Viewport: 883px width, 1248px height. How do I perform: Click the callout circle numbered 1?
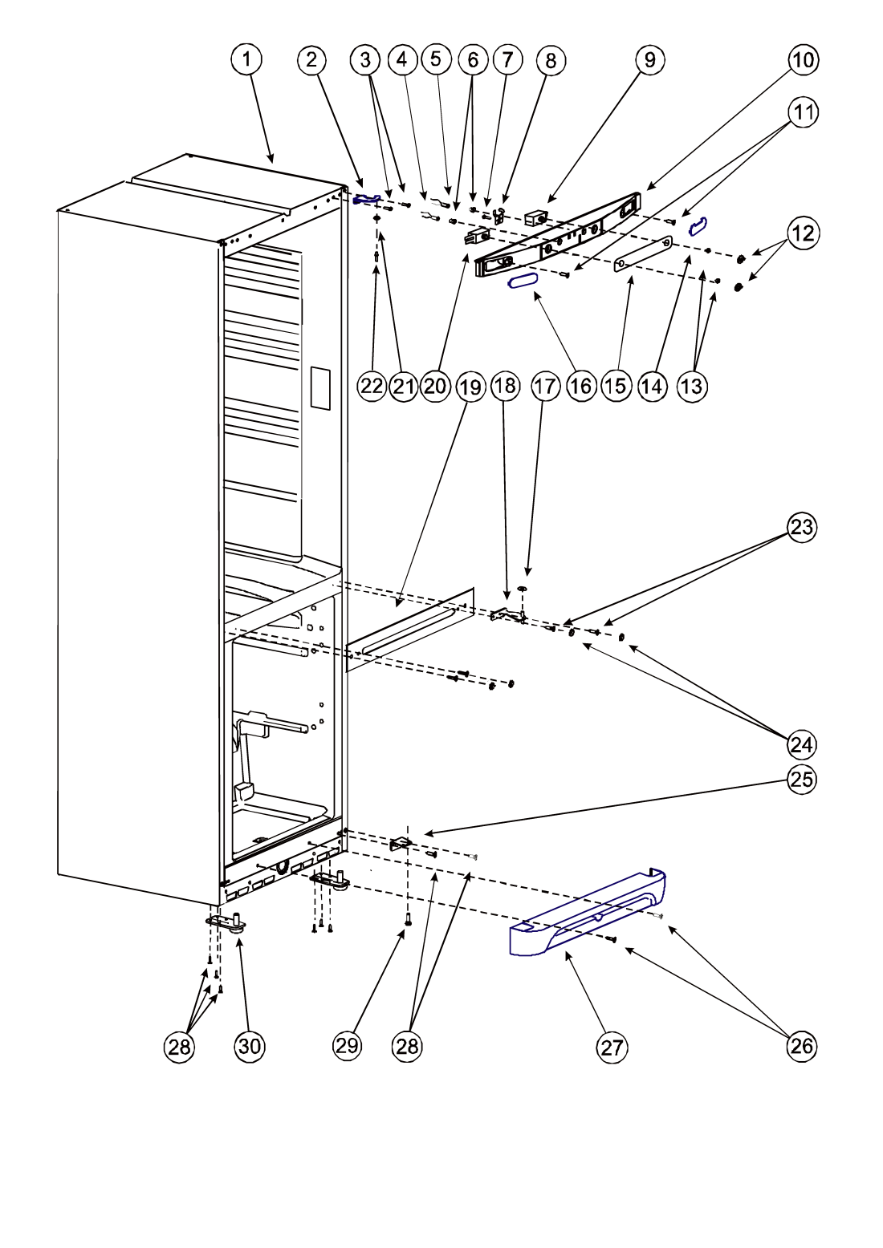(246, 59)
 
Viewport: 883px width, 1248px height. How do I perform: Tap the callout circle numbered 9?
(649, 59)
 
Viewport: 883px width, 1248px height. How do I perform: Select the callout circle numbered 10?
(803, 59)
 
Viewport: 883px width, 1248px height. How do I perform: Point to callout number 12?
(803, 233)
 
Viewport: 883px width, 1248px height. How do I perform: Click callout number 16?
(581, 386)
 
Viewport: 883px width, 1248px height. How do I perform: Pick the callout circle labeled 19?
(470, 387)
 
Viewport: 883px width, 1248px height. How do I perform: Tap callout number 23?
(802, 527)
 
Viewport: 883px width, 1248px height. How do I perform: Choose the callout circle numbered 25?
(802, 780)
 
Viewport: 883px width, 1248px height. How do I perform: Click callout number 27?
(612, 1047)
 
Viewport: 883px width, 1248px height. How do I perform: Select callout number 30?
(249, 1047)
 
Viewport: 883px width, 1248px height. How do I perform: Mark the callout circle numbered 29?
(347, 1046)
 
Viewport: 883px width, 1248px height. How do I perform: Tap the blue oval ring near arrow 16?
(523, 282)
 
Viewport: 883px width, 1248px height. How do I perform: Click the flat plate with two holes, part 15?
(643, 253)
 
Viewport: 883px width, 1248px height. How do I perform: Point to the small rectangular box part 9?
(537, 217)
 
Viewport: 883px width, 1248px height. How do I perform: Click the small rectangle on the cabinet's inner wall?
(319, 389)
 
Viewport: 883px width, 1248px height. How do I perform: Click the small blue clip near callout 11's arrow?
(698, 225)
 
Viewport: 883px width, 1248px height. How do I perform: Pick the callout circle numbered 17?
(544, 386)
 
